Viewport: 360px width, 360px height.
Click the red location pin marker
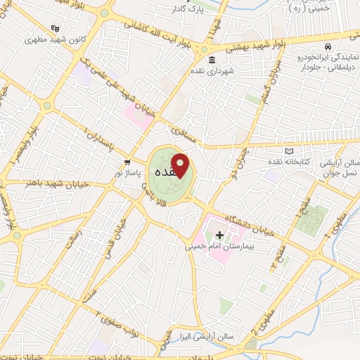(x=181, y=165)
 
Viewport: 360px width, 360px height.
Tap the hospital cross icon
(x=220, y=235)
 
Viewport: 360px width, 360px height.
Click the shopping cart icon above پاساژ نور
(x=127, y=161)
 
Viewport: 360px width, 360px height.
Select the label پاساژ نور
(x=129, y=172)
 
